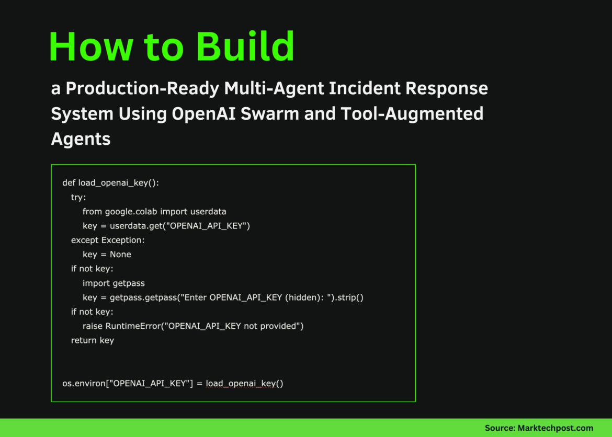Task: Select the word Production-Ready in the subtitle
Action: [x=142, y=89]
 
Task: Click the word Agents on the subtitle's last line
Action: [x=81, y=139]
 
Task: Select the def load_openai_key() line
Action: [x=110, y=183]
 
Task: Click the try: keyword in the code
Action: [x=78, y=197]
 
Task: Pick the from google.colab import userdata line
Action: [x=154, y=212]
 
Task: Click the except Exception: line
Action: [x=108, y=240]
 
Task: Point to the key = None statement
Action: [x=107, y=255]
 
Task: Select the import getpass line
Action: [x=114, y=283]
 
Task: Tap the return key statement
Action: [x=93, y=340]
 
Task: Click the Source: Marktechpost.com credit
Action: [x=539, y=428]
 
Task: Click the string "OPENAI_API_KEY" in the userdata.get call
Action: [x=207, y=226]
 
